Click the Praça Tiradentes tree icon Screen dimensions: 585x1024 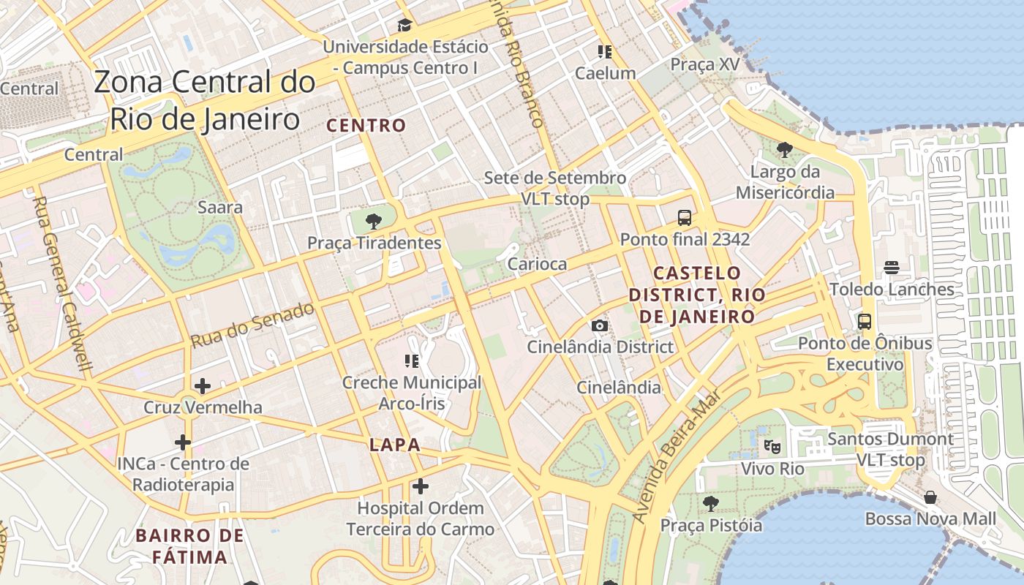[374, 219]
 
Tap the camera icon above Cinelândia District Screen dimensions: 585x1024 [600, 325]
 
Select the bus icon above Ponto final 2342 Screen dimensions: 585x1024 [685, 217]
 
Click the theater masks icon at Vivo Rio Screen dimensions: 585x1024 [772, 445]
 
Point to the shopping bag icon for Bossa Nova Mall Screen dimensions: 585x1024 [930, 497]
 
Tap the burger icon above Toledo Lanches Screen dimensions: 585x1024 [891, 268]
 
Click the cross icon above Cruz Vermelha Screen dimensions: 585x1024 [203, 385]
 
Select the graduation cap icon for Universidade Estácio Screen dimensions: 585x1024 [404, 26]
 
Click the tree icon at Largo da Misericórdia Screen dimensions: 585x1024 [785, 151]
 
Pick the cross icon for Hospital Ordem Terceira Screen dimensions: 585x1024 [420, 486]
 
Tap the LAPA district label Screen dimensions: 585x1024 [395, 445]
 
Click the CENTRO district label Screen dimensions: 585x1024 [366, 125]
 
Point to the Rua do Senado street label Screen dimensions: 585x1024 [253, 324]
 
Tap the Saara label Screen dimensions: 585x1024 [220, 207]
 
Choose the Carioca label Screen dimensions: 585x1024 [537, 264]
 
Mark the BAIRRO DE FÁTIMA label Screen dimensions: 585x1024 [190, 546]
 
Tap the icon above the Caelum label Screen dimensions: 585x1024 [604, 51]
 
